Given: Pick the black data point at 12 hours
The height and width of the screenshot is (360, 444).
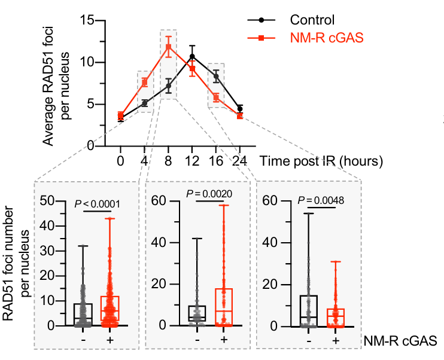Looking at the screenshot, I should [192, 56].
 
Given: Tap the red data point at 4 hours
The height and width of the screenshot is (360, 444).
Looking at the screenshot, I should [144, 82].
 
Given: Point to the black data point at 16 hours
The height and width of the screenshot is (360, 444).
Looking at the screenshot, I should [216, 77].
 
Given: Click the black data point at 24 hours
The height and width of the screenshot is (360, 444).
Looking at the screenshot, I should [240, 109].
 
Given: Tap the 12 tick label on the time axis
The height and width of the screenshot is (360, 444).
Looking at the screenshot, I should [192, 160].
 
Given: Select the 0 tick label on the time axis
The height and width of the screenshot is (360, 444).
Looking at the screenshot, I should [120, 160].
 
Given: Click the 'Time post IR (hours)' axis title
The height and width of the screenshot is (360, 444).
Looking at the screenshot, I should [321, 160].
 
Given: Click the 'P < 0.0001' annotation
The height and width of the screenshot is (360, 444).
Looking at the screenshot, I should [98, 204].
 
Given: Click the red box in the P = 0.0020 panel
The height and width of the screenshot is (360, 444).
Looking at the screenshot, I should [223, 307].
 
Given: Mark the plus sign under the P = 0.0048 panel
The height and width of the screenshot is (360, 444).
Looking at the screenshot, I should [336, 340].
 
